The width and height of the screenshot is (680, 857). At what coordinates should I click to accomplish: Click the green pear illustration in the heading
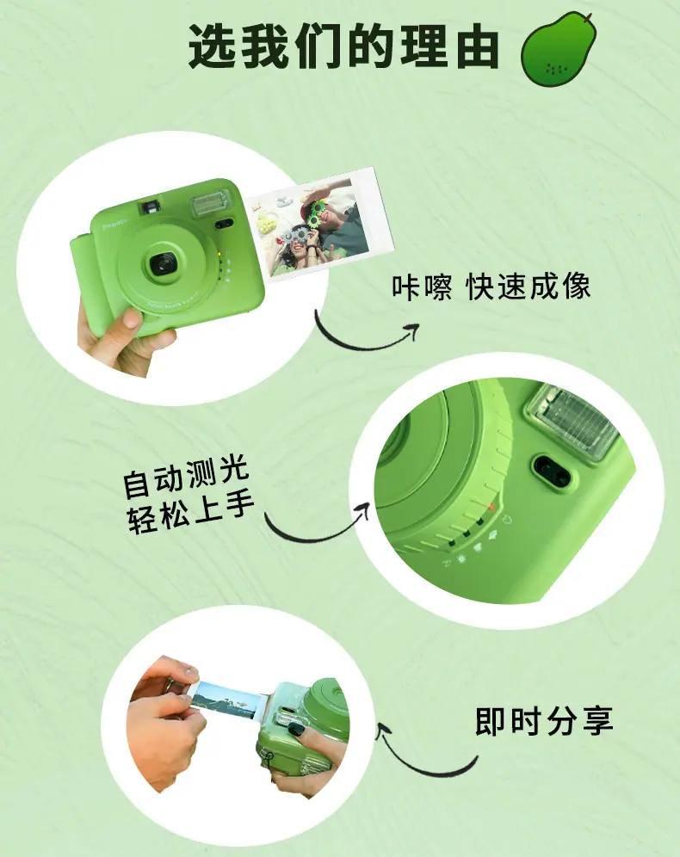point(558,49)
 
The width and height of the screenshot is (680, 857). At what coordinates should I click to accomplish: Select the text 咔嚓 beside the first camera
point(422,287)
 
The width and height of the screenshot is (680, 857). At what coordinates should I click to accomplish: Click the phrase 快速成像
point(529,287)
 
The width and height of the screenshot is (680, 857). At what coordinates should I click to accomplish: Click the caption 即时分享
point(544,721)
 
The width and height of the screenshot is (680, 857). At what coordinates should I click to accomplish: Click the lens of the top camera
point(163,264)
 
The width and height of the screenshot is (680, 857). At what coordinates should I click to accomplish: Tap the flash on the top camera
point(210,203)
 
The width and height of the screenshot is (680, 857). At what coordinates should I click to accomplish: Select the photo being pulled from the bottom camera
point(227,700)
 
